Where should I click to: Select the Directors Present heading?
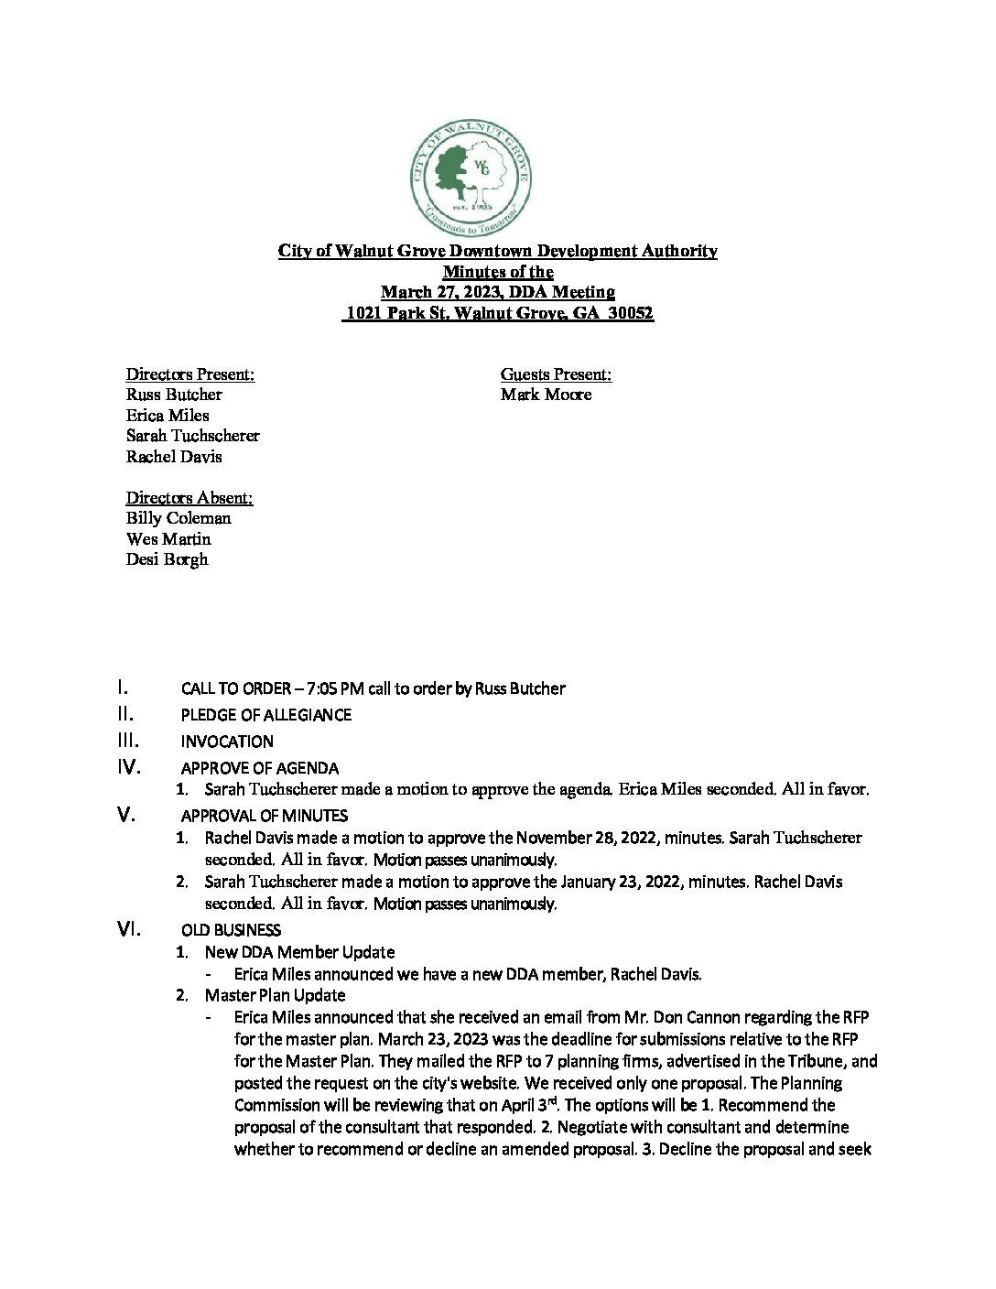point(189,374)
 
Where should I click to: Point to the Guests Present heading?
point(556,374)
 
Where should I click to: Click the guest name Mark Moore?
point(546,395)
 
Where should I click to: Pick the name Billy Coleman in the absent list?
point(179,518)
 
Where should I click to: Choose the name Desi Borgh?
point(167,559)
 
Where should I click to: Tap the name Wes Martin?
point(168,539)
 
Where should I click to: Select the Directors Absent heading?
point(189,497)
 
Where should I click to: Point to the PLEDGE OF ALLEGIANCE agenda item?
point(265,715)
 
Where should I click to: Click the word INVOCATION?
point(227,742)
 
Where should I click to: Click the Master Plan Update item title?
point(275,995)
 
